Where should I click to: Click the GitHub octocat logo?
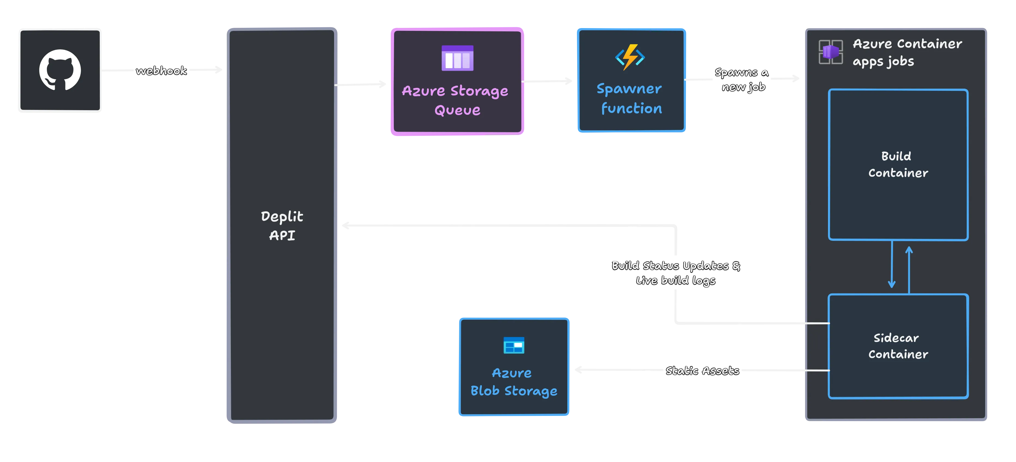click(60, 70)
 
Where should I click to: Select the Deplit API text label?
click(282, 226)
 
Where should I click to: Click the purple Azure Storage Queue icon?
click(457, 58)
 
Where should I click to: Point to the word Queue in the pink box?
click(457, 110)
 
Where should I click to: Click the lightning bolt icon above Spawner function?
click(630, 57)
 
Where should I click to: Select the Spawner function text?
click(630, 99)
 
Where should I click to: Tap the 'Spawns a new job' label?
click(742, 79)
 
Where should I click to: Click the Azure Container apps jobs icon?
click(831, 52)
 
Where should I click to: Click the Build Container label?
click(898, 164)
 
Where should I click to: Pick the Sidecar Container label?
click(898, 346)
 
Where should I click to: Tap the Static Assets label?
click(702, 371)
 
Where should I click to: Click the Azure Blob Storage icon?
click(513, 346)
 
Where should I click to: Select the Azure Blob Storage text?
click(513, 382)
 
